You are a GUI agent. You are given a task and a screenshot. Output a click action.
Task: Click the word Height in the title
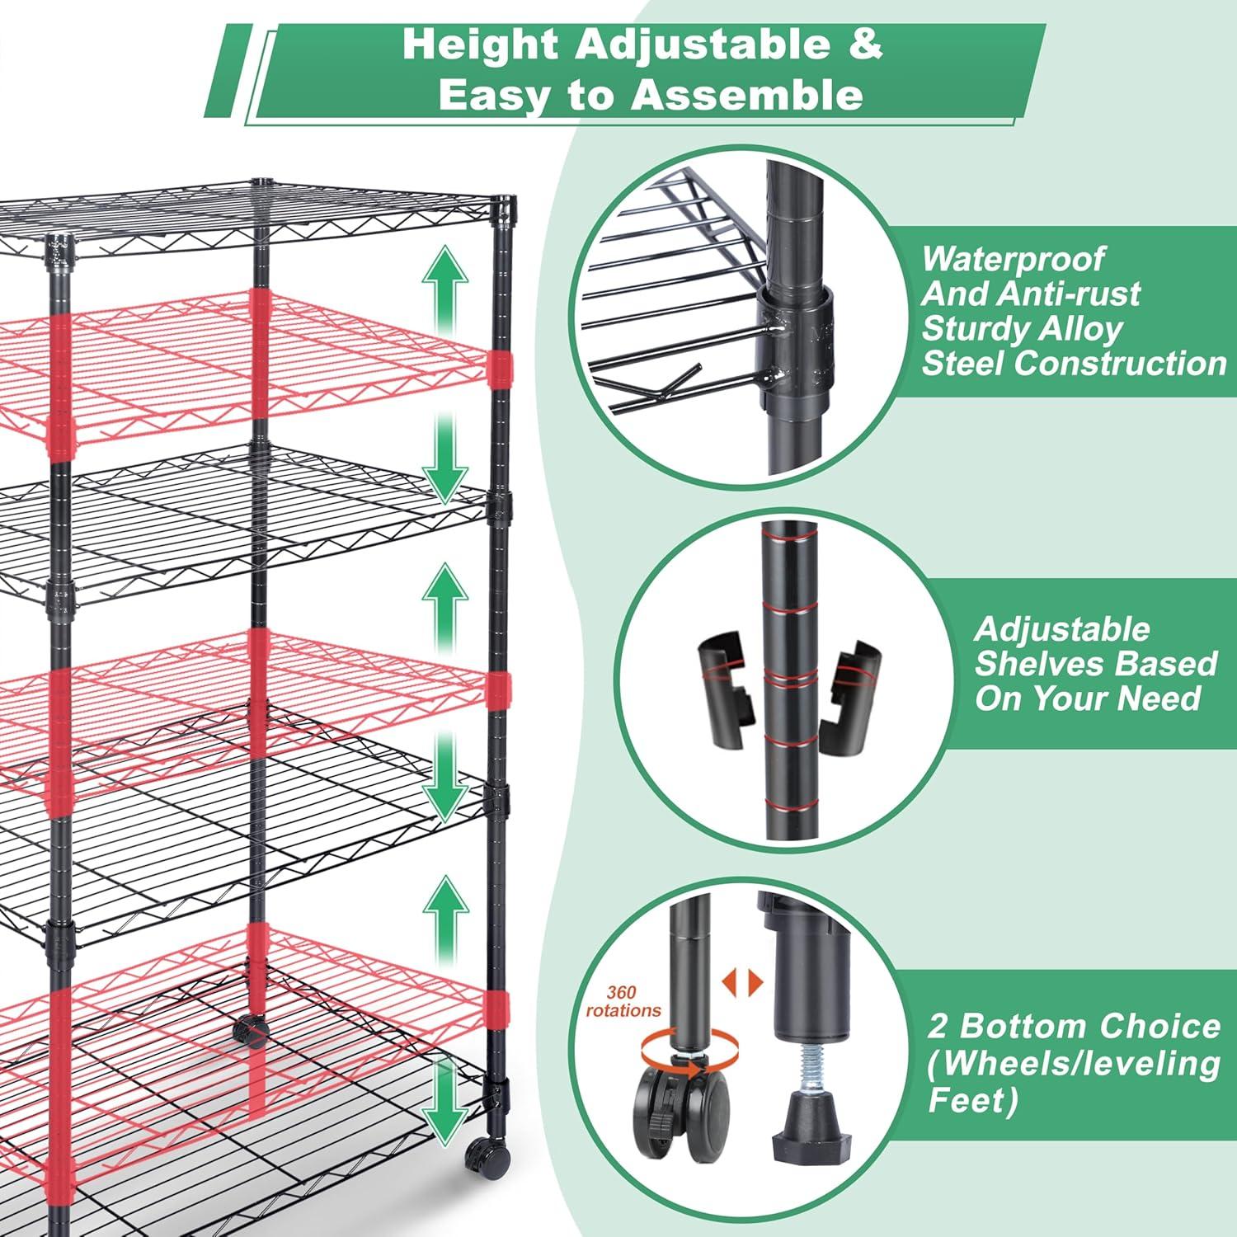click(x=480, y=45)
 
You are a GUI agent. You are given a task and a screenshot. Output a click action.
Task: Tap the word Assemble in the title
click(x=747, y=95)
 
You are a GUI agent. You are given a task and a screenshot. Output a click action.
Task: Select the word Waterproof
click(x=1012, y=259)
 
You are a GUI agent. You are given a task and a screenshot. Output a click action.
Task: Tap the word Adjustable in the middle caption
click(x=1062, y=629)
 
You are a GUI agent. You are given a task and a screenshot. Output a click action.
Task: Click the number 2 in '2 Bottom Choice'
click(x=938, y=1027)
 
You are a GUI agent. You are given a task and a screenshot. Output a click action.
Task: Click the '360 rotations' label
click(x=623, y=1002)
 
